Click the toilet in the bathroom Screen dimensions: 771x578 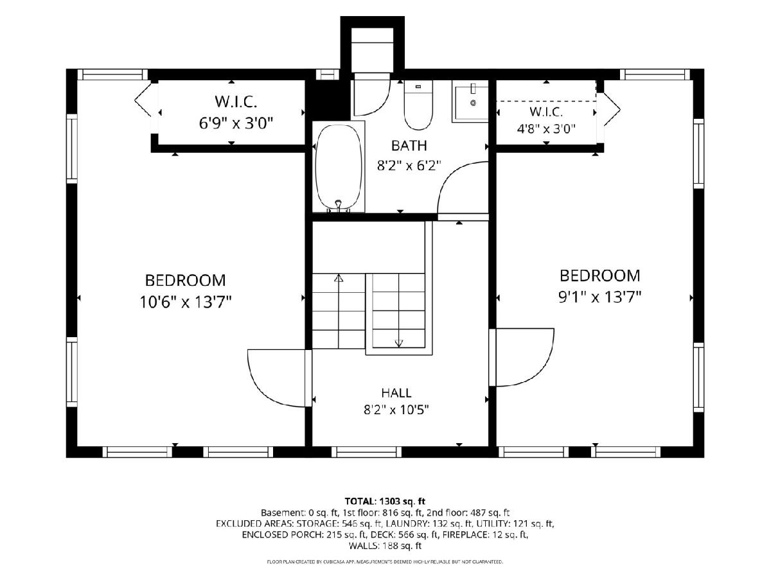(418, 105)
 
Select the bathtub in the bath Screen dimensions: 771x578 (339, 167)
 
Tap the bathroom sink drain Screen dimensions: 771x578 (473, 103)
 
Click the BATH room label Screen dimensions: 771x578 (409, 146)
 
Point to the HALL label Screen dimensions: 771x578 (396, 392)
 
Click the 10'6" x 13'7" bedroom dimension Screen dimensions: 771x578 (186, 302)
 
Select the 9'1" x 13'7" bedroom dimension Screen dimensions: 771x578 (600, 297)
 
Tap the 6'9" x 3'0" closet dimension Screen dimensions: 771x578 (236, 123)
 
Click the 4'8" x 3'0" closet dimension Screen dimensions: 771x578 (546, 130)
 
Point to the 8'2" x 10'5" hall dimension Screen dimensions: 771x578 (396, 410)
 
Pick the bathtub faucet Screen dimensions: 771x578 (339, 205)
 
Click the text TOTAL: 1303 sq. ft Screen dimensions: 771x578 (385, 501)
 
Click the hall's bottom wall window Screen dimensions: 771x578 (366, 452)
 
